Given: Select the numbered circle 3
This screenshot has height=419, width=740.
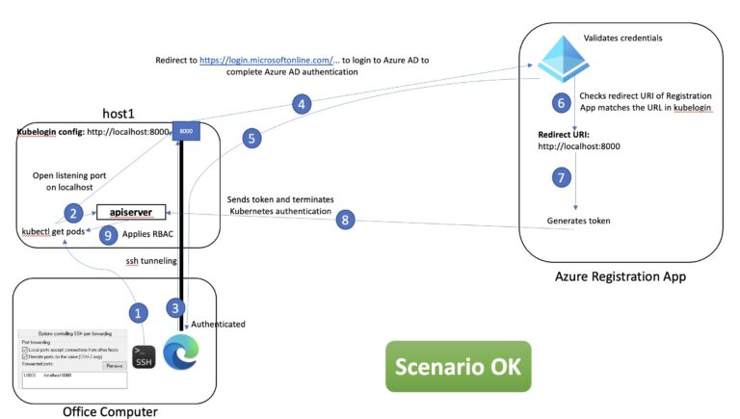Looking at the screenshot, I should [x=173, y=308].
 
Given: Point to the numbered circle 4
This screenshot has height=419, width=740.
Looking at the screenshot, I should [x=303, y=103].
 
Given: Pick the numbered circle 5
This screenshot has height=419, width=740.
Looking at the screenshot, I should [x=251, y=139].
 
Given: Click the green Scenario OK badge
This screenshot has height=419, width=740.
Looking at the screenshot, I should [x=459, y=365].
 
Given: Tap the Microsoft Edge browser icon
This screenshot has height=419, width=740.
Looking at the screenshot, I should [x=178, y=352].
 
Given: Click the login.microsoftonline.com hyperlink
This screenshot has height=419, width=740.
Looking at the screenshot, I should [x=266, y=60].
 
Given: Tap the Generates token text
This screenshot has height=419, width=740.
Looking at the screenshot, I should [x=578, y=221].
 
